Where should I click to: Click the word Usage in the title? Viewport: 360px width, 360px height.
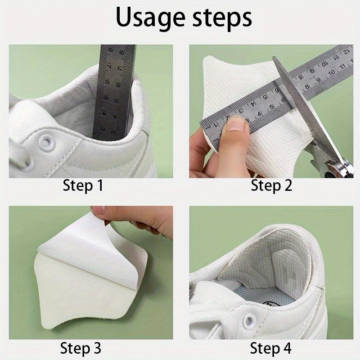coord(150,18)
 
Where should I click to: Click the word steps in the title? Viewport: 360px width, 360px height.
coord(222,18)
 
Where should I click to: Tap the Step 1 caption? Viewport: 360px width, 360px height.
coord(83,185)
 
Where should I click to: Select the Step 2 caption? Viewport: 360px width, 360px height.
coord(271,185)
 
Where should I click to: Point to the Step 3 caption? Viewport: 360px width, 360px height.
coord(81,348)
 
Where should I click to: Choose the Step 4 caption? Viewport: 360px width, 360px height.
coord(271,348)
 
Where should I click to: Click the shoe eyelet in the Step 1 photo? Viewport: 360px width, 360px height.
coord(47,142)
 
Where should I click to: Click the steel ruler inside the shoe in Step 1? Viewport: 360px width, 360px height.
coord(114,92)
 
